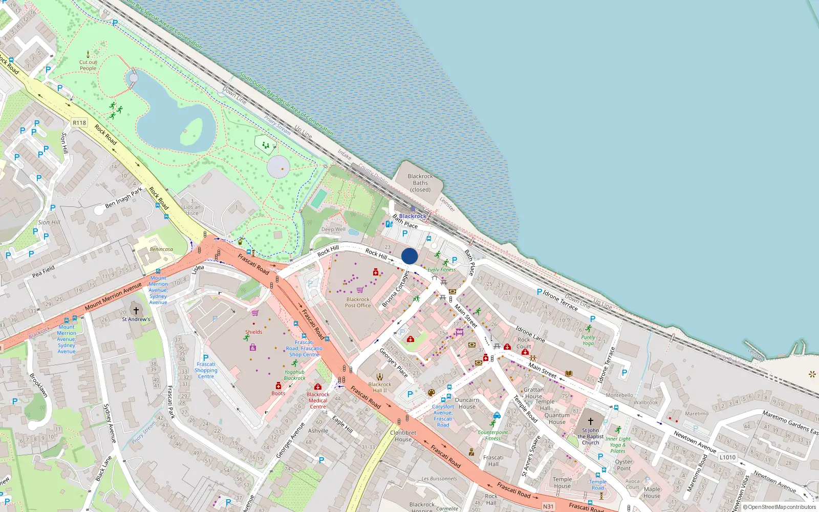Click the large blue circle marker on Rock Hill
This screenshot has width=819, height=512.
(409, 256)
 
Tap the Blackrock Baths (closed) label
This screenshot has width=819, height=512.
(420, 183)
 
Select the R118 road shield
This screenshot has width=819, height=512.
(79, 123)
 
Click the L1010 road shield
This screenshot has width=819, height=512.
(727, 457)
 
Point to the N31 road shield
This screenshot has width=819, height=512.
(548, 506)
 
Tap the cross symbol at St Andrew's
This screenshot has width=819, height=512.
(136, 310)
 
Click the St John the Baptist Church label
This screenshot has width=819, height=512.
(590, 436)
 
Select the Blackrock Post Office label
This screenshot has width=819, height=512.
(358, 303)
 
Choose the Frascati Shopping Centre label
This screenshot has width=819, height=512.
(206, 370)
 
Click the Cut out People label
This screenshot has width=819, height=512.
(88, 65)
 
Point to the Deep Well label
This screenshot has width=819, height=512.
(333, 229)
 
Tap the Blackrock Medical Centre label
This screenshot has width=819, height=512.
(318, 400)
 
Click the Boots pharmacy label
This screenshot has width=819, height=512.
(278, 393)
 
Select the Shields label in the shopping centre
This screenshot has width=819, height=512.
(253, 332)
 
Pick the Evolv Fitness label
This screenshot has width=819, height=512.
(441, 270)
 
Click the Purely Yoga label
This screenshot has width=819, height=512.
(588, 340)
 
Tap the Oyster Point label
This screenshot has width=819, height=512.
(623, 465)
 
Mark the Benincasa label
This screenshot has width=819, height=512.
(161, 249)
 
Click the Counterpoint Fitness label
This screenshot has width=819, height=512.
(493, 435)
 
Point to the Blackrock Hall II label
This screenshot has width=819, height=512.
(380, 387)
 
